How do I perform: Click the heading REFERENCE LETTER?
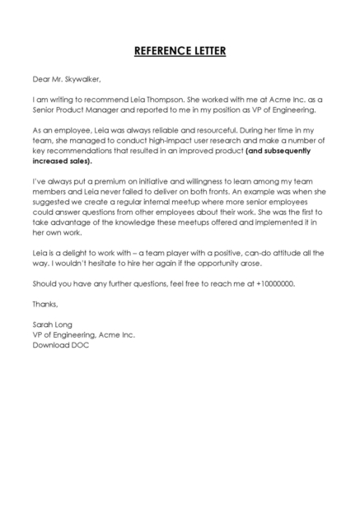[x=180, y=52]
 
